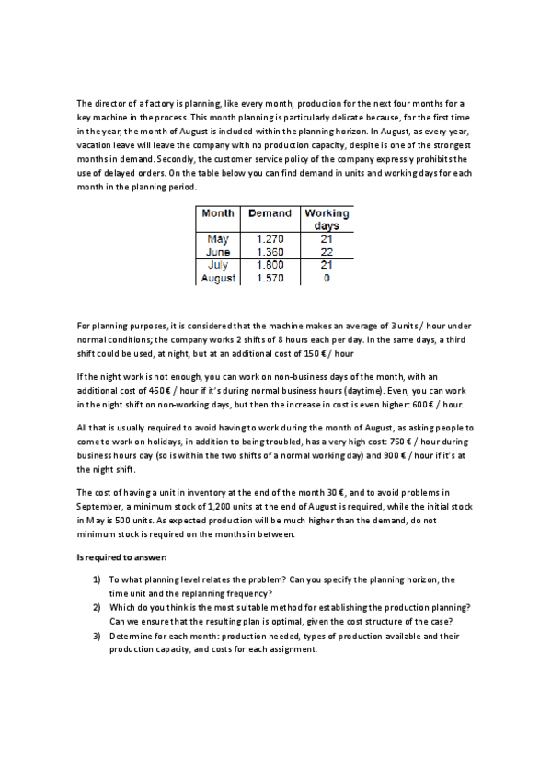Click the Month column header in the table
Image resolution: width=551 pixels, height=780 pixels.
218,213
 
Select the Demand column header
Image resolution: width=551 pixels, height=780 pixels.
270,213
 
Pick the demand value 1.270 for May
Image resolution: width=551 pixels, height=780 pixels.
270,239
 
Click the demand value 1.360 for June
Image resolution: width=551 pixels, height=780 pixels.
270,252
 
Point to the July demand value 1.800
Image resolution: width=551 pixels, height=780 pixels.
270,264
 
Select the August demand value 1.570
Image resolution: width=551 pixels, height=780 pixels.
270,277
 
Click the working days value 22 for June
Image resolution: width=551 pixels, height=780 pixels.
327,252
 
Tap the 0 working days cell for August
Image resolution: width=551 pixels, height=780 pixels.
327,277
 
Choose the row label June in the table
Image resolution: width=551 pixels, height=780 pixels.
218,252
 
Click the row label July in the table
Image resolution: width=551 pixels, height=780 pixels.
218,264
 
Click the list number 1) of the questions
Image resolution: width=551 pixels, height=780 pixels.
97,579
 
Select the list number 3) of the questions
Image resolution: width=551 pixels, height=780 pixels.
97,636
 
